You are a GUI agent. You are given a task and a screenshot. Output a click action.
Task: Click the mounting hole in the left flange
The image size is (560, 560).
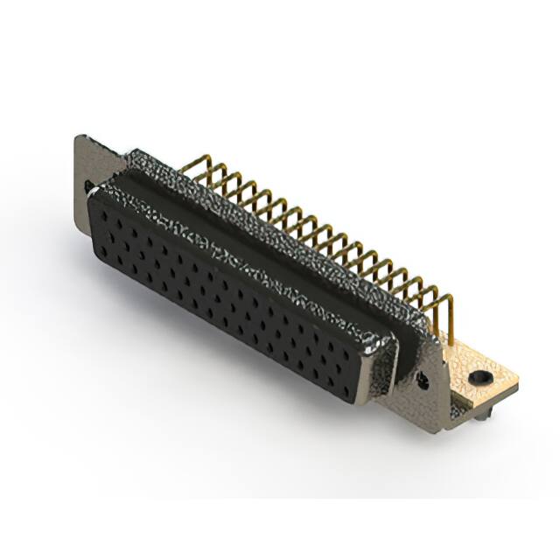click(88, 185)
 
